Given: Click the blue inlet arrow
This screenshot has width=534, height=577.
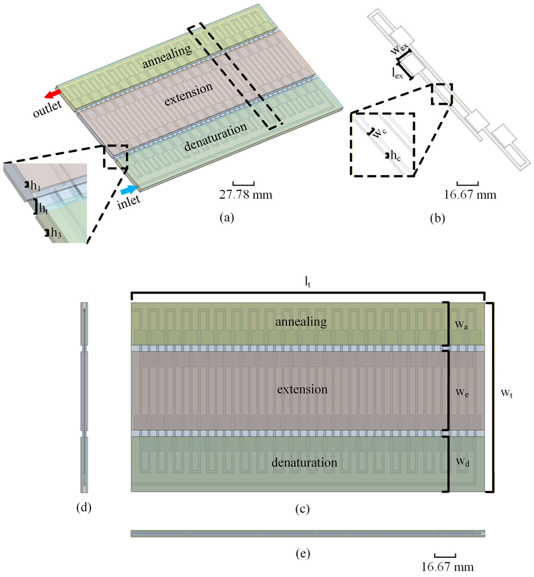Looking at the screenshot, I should pos(129,190).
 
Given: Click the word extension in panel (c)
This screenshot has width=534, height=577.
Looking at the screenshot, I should pos(302,389).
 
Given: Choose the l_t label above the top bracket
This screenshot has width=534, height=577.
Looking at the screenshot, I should pos(307,282).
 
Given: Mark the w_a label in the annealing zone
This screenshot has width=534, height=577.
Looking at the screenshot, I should pos(461,325).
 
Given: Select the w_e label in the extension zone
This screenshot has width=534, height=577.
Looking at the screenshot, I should pos(462,392).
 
